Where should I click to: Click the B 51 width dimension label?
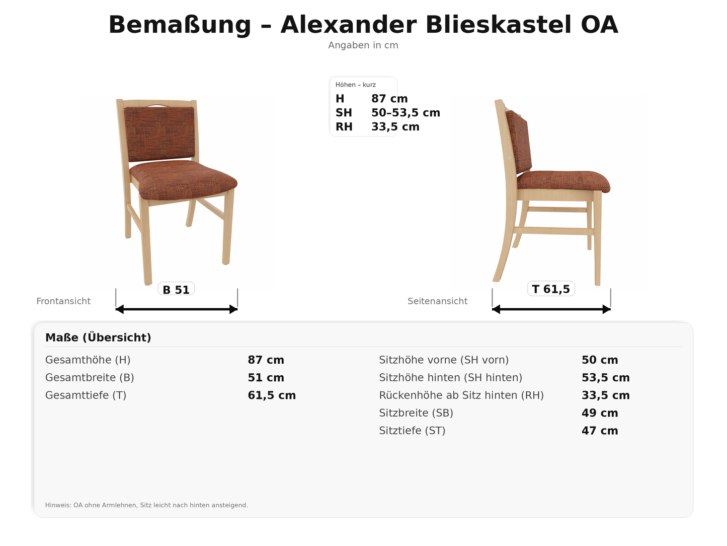point(176,290)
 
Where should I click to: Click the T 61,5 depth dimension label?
point(551,289)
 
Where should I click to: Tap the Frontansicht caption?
point(63,301)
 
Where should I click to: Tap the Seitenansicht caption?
point(437,301)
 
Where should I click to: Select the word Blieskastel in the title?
point(499,25)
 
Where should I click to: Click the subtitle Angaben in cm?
point(363,45)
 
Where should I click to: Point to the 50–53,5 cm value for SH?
point(406,113)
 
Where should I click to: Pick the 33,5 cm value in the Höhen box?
point(395,127)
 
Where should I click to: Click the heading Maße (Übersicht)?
point(98,337)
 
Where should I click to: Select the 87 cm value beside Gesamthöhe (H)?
point(266,360)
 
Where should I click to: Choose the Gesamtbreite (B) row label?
point(90,378)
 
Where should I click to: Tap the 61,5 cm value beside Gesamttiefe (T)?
point(272,395)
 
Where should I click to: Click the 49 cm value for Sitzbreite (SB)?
point(600,413)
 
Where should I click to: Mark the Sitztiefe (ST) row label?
point(412,431)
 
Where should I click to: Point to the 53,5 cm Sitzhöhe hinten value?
point(605,378)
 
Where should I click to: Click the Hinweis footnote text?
point(146,505)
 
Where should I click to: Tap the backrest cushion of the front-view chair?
point(159,133)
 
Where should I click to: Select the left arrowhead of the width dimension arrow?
point(119,309)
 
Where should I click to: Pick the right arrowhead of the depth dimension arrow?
point(607,309)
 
